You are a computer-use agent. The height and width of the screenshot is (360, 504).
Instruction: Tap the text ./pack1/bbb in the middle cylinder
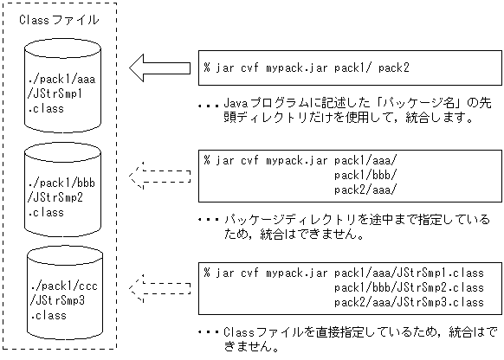click(58, 185)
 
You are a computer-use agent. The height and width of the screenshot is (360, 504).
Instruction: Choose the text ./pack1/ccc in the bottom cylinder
click(58, 286)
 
